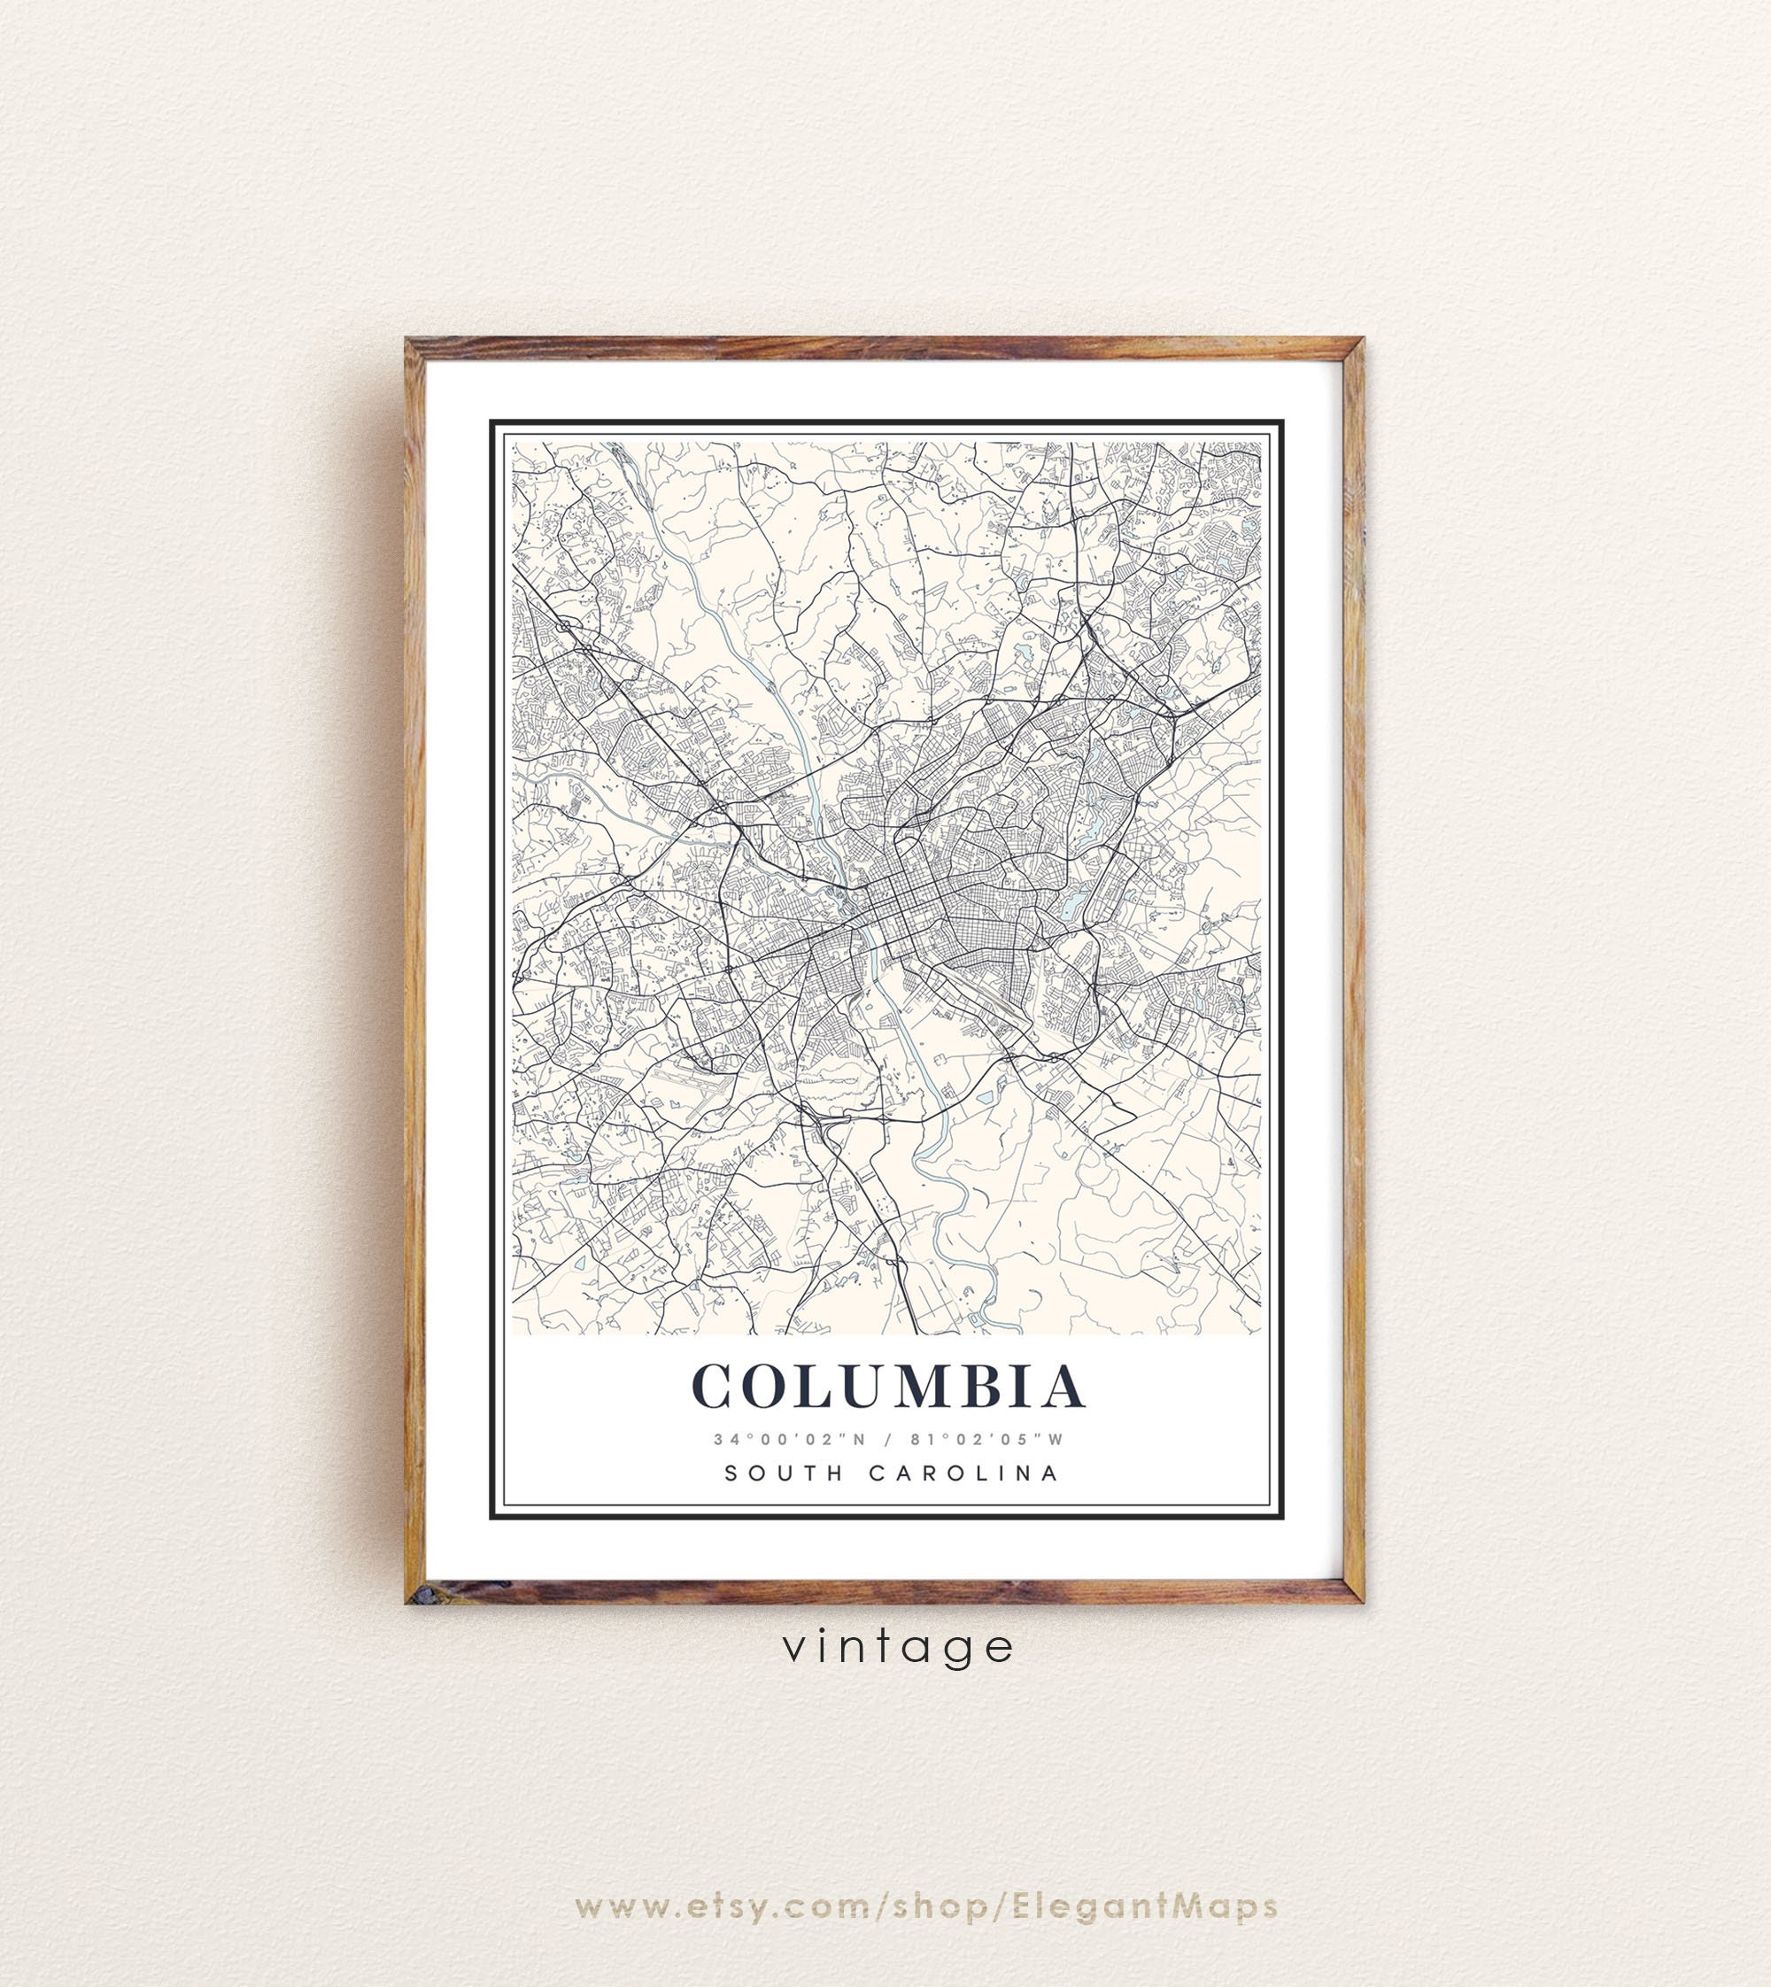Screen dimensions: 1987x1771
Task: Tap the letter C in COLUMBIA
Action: [x=719, y=1387]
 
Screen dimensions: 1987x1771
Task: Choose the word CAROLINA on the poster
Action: [x=963, y=1473]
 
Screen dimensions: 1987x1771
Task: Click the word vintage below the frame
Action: [x=898, y=1646]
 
